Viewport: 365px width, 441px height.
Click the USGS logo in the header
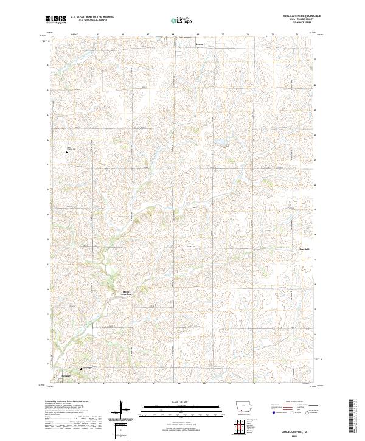pyautogui.click(x=56, y=19)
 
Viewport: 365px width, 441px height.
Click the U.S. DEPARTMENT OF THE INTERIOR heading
pyautogui.click(x=92, y=17)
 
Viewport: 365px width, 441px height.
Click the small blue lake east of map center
pyautogui.click(x=218, y=144)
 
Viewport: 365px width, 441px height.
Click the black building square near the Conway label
pyautogui.click(x=81, y=369)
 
